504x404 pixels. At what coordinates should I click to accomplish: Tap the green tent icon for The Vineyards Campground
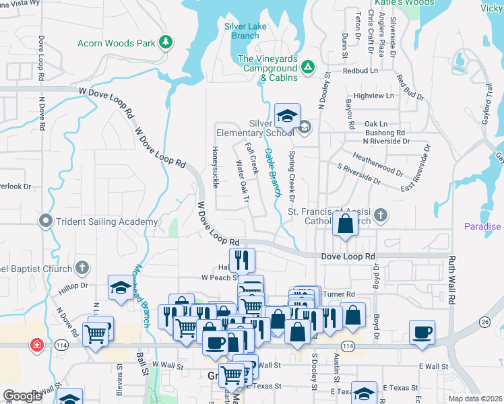(x=307, y=66)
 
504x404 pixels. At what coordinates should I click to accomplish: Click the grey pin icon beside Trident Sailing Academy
(x=46, y=220)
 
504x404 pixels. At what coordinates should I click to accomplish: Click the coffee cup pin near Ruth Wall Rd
(x=422, y=332)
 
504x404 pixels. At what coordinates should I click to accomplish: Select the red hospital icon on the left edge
(x=36, y=345)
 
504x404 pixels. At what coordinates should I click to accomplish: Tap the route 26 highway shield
(x=485, y=322)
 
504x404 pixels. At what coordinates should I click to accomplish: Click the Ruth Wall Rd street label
(x=453, y=279)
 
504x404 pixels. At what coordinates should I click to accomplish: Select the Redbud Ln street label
(x=360, y=70)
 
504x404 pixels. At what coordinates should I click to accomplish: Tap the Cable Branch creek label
(x=272, y=172)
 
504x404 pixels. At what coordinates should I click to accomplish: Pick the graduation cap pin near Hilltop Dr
(x=121, y=288)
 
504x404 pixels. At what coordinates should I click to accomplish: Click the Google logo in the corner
(x=22, y=396)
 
